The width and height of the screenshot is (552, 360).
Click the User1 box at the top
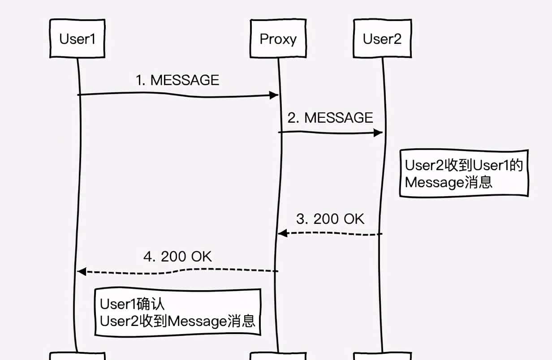[78, 39]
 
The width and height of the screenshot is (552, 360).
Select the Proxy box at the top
[278, 39]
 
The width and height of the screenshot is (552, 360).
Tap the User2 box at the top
[382, 39]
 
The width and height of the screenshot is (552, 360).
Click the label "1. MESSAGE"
[177, 80]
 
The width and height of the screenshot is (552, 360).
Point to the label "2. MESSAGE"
[330, 118]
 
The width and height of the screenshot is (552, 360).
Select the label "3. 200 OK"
[330, 219]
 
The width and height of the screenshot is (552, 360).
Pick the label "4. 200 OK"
[177, 257]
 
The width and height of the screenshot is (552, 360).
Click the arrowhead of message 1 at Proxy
[274, 95]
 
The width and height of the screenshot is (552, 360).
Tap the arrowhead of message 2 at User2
[378, 133]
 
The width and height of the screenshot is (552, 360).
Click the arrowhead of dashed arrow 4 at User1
[81, 271]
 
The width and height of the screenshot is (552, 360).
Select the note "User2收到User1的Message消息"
[464, 173]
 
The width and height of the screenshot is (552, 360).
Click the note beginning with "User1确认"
[177, 312]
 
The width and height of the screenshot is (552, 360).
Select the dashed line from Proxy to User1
[179, 270]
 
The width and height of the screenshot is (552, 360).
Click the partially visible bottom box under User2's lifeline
[382, 356]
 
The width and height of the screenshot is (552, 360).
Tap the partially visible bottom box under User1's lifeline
[78, 356]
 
